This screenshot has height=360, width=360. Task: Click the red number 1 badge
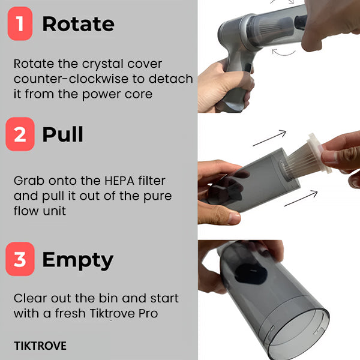(20, 23)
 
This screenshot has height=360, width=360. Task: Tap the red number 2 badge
(20, 134)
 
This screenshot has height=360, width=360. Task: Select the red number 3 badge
(20, 259)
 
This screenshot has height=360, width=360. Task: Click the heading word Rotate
(78, 23)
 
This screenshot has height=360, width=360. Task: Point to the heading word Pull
(62, 134)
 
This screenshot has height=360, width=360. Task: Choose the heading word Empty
(78, 261)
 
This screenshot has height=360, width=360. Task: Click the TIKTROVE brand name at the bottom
(40, 346)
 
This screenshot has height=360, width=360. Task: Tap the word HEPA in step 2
(119, 181)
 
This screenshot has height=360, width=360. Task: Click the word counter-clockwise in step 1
(71, 79)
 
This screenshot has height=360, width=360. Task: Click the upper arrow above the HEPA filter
(269, 138)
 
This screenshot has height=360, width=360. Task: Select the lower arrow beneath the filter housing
(301, 199)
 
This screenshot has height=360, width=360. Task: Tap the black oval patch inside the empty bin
(251, 274)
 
